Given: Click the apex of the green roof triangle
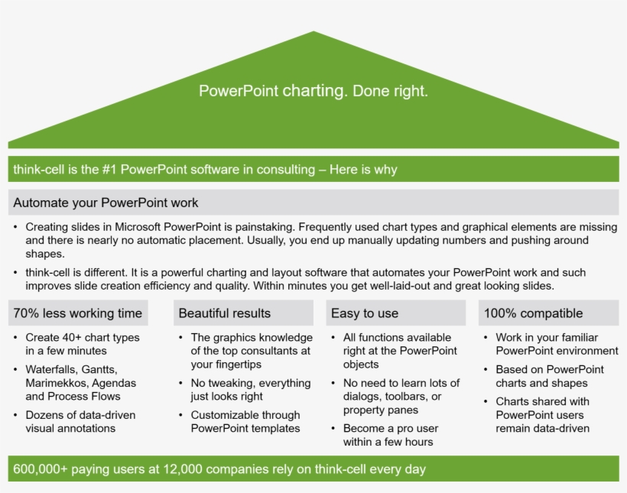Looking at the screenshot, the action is click(x=313, y=31).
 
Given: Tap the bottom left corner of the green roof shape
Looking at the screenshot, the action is click(x=8, y=148).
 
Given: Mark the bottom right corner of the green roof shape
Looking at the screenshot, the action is click(x=619, y=148).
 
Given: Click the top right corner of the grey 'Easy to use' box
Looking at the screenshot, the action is click(x=466, y=300).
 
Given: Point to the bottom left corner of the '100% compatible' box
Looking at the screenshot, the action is click(x=479, y=326).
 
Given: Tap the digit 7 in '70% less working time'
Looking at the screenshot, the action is click(x=17, y=313).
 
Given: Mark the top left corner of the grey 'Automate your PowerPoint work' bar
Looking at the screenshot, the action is click(x=8, y=190).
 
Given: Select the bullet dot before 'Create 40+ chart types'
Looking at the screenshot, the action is click(x=15, y=338).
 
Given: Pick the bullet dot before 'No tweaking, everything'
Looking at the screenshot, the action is click(x=180, y=384).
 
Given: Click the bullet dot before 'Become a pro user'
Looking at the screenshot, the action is click(x=333, y=429).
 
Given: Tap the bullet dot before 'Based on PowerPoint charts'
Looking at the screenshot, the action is click(x=486, y=370).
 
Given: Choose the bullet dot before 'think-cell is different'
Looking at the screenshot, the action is click(x=15, y=273).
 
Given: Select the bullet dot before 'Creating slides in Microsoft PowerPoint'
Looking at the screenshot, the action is click(x=15, y=227).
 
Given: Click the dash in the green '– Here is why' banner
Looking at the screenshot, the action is click(x=323, y=170).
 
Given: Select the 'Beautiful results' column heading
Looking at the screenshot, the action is click(x=225, y=313).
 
